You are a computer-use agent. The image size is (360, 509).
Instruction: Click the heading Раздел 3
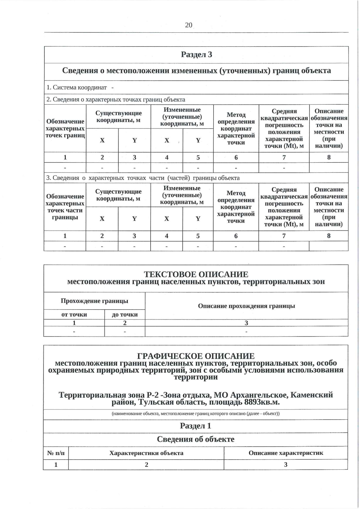click(196, 54)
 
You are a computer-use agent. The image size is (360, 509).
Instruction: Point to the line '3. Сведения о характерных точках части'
click(143, 178)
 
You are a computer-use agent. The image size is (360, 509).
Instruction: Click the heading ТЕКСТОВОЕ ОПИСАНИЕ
click(196, 274)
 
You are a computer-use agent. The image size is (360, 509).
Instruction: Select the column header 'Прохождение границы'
click(94, 301)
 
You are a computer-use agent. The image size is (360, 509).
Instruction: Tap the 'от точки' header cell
click(74, 314)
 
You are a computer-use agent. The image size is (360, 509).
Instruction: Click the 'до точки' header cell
click(125, 314)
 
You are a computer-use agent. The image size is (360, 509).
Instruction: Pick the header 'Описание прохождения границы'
click(246, 306)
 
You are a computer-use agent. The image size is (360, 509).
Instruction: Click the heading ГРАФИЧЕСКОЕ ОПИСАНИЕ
click(196, 356)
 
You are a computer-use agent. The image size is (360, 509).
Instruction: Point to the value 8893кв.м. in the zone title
click(262, 402)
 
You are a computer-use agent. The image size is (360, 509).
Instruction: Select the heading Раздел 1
click(196, 426)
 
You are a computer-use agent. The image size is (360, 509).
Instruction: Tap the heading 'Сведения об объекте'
click(196, 439)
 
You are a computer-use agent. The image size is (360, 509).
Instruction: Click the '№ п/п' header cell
click(56, 453)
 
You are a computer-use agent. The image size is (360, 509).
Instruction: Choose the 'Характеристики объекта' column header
click(146, 453)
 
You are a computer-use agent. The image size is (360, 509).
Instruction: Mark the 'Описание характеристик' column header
click(286, 453)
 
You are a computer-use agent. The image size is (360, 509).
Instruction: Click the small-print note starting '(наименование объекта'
click(196, 414)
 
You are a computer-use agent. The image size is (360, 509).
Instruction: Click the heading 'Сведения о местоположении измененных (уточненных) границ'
click(196, 71)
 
